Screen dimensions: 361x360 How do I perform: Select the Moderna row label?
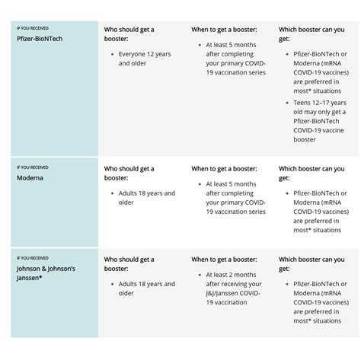(31, 178)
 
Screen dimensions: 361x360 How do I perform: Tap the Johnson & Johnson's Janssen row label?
(46, 272)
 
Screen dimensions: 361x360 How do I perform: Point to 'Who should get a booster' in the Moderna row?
(129, 173)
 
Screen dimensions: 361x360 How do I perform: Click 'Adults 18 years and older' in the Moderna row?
(146, 198)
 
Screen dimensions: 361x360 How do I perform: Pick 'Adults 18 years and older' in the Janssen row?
(146, 288)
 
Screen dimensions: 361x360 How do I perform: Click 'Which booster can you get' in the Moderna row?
(311, 173)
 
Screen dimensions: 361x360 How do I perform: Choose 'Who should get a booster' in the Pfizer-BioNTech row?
(129, 34)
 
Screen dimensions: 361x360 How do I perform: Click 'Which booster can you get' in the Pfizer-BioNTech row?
(311, 34)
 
